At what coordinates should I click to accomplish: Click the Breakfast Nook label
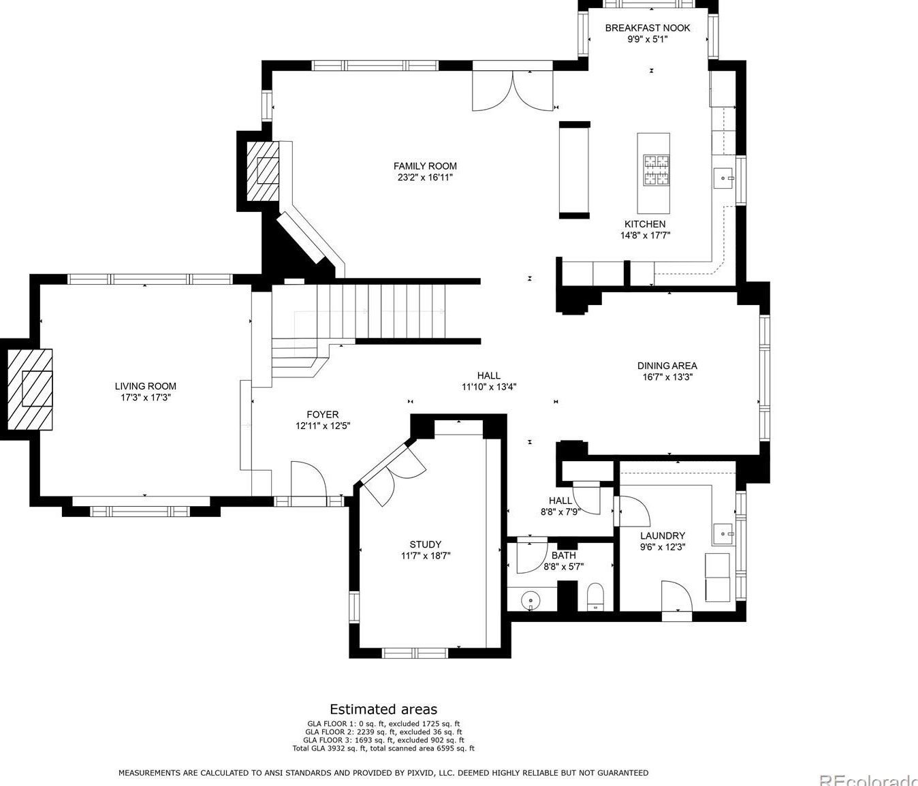(x=648, y=28)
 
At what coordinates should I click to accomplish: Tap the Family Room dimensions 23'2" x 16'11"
(x=425, y=178)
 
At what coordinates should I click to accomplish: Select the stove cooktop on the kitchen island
(x=657, y=170)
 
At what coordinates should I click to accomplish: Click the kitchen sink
(x=724, y=178)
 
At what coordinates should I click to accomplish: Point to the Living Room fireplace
(x=30, y=389)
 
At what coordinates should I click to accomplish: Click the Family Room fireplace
(x=264, y=171)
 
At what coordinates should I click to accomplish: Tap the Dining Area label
(x=667, y=366)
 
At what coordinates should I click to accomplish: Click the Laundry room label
(x=663, y=536)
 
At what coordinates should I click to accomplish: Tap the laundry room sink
(x=723, y=534)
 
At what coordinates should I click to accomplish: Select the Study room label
(x=426, y=544)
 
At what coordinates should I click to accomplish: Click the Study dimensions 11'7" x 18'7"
(x=426, y=556)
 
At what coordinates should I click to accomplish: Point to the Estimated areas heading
(x=383, y=708)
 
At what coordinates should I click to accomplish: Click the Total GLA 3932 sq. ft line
(x=383, y=749)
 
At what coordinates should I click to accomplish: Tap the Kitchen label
(x=645, y=224)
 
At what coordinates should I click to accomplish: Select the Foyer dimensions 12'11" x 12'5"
(x=323, y=426)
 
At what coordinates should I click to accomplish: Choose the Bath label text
(x=564, y=555)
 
